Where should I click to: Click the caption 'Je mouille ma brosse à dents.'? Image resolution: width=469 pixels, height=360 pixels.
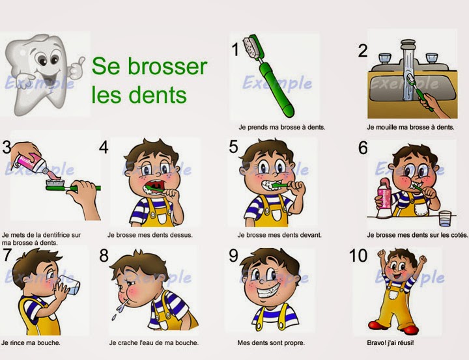[x=410, y=128]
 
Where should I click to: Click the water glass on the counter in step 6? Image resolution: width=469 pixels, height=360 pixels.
[x=444, y=217]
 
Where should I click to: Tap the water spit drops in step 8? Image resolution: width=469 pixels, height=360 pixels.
[x=117, y=306]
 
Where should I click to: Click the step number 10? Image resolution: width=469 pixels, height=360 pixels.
[x=358, y=256]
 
